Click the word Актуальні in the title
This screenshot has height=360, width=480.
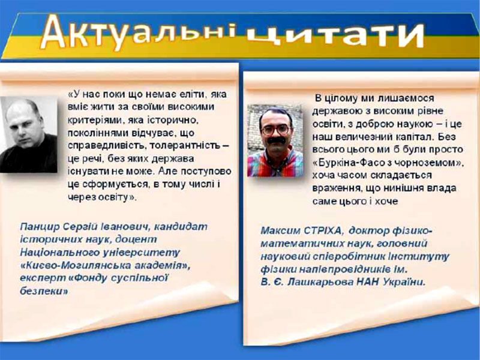tap(139, 33)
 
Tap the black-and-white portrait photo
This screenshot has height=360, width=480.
tap(28, 134)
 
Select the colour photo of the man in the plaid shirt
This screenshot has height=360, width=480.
tap(275, 140)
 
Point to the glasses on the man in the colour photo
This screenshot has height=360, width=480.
tap(275, 130)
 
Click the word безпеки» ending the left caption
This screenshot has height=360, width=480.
tap(44, 291)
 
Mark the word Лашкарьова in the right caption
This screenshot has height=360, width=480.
tap(320, 282)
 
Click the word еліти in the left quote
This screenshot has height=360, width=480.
tap(189, 94)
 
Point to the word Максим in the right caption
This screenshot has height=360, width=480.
tap(280, 231)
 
